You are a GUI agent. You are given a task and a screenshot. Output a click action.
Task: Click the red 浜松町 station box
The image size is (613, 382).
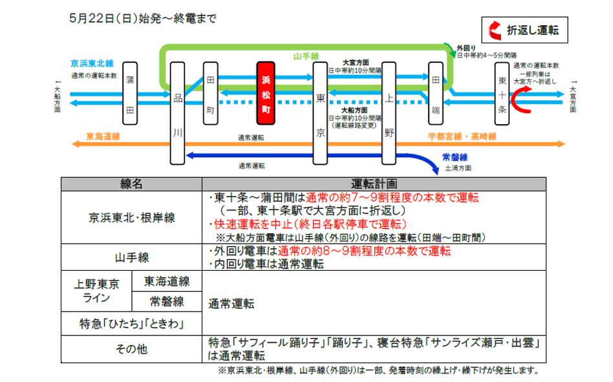pyautogui.click(x=266, y=92)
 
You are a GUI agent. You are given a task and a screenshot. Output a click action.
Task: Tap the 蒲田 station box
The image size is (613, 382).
pyautogui.click(x=130, y=93)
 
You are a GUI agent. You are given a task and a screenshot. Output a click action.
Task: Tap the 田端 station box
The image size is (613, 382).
pyautogui.click(x=436, y=93)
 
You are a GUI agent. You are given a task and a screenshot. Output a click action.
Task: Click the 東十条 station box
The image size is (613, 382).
pyautogui.click(x=502, y=93)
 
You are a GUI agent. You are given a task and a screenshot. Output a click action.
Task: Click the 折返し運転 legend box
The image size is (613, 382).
pyautogui.click(x=524, y=30)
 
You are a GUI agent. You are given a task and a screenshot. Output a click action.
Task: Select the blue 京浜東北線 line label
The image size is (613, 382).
pyautogui.click(x=92, y=63)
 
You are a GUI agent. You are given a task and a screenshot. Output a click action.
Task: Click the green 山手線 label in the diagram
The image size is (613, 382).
pyautogui.click(x=306, y=57)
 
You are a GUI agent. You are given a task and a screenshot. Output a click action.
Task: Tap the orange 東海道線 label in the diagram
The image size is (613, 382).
pyautogui.click(x=103, y=136)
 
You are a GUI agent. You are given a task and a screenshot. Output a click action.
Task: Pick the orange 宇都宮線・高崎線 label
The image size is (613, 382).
pyautogui.click(x=462, y=136)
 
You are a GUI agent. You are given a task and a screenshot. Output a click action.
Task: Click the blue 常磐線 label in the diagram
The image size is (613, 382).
pyautogui.click(x=455, y=157)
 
